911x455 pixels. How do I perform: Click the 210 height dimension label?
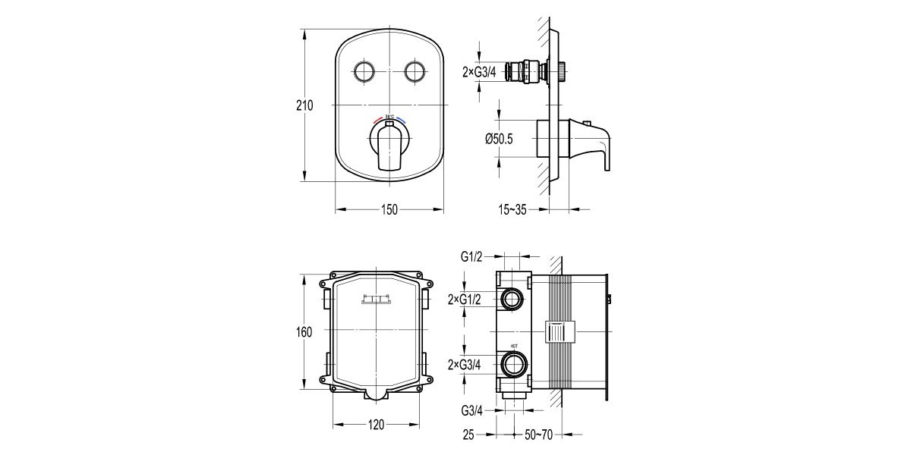click(x=304, y=105)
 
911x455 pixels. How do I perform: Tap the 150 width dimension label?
click(x=389, y=210)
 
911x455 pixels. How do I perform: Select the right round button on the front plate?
click(x=415, y=72)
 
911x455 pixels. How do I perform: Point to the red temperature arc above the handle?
click(x=380, y=121)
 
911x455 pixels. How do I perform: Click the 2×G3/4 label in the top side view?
click(x=479, y=72)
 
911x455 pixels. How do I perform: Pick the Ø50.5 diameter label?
click(x=499, y=139)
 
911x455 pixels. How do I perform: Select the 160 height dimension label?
click(x=304, y=331)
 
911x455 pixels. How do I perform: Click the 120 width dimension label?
click(x=377, y=425)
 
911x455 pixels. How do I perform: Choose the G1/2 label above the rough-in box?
click(x=471, y=257)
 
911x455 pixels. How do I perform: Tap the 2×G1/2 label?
click(x=465, y=300)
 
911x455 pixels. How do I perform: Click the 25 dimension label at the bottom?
click(x=468, y=435)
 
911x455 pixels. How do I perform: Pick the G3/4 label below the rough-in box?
click(x=471, y=411)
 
